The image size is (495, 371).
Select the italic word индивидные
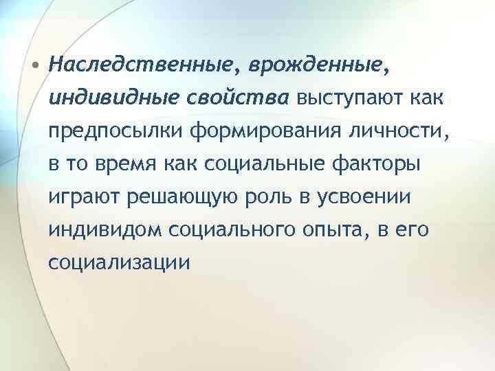113,99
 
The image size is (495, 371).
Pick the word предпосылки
117,132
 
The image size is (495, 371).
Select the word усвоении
371,197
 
